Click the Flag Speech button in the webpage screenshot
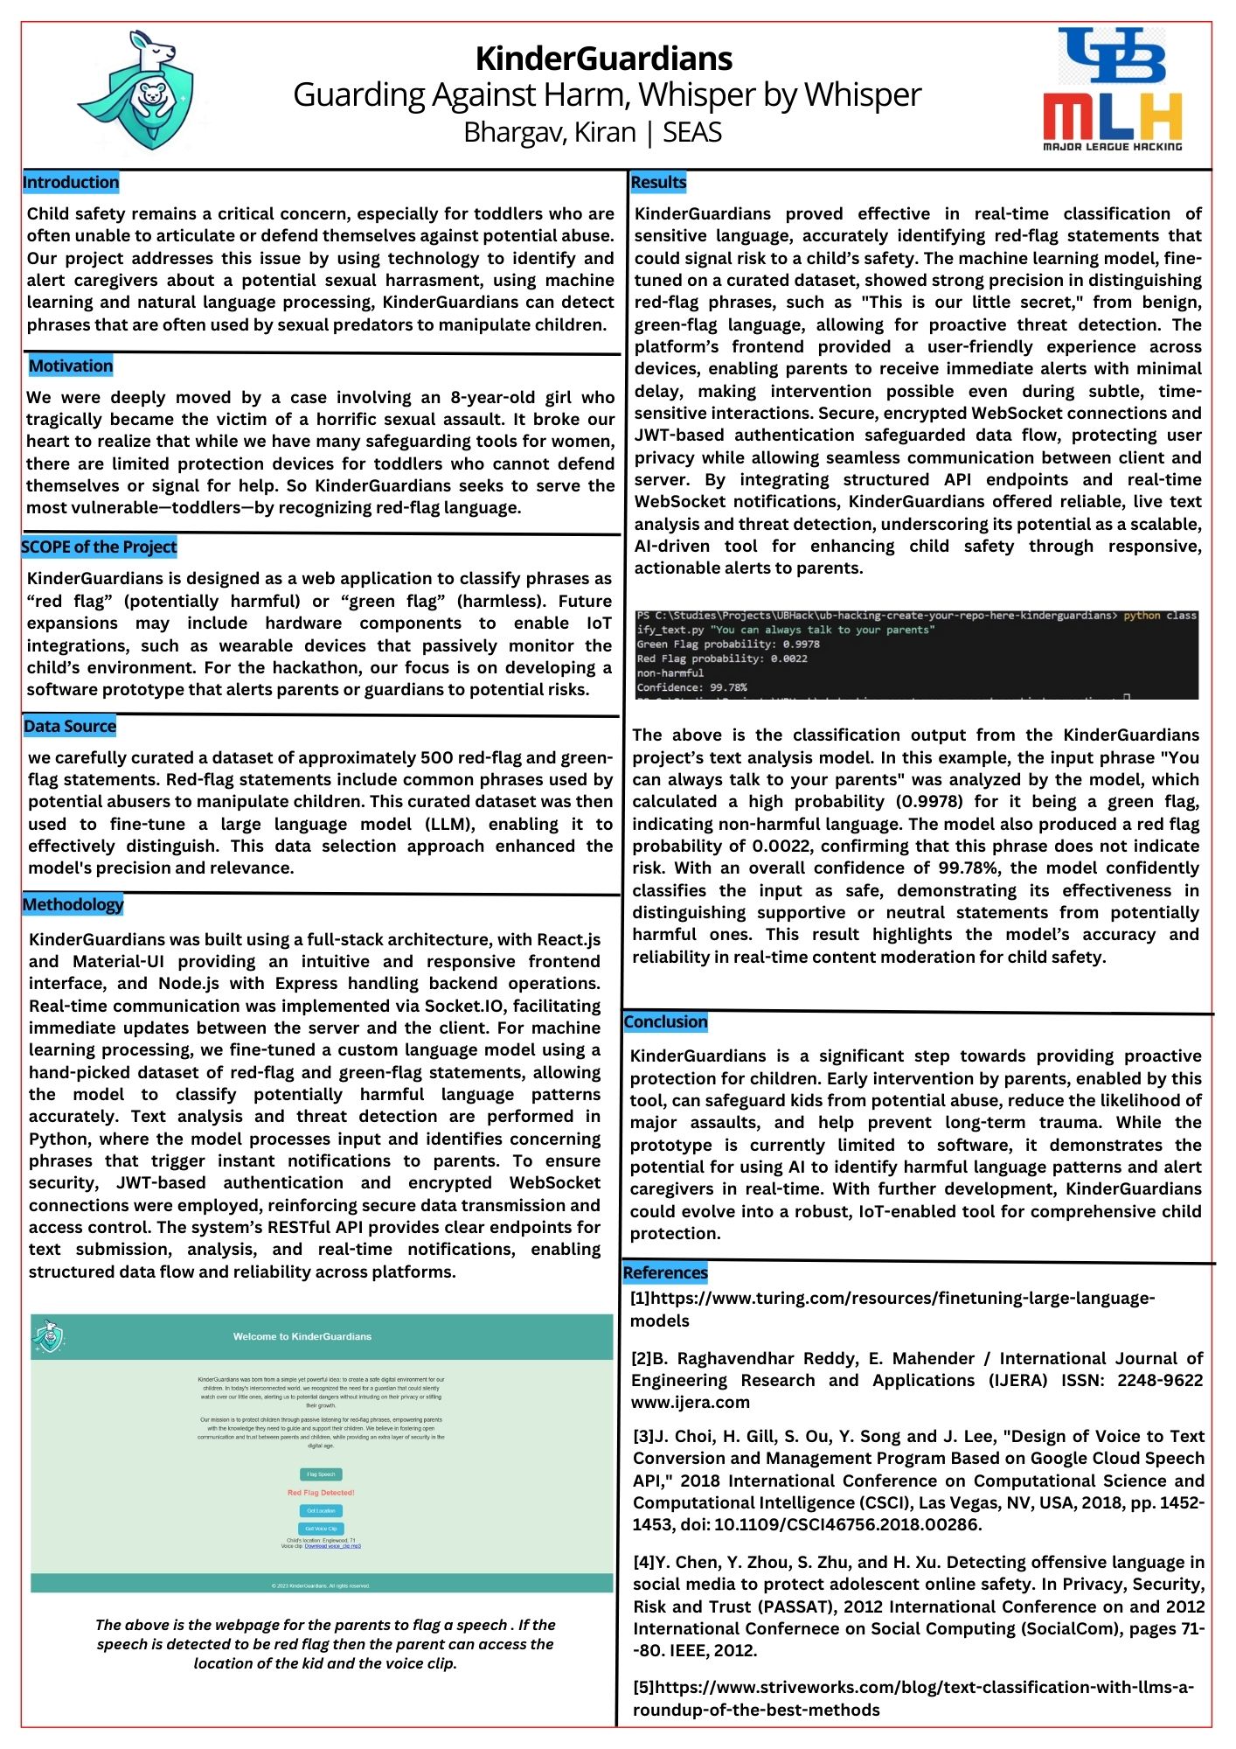pos(321,1474)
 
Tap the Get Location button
pos(321,1511)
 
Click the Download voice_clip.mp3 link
pos(332,1546)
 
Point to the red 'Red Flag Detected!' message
pos(321,1493)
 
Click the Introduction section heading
pos(71,182)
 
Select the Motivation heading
pos(71,366)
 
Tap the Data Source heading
pos(70,726)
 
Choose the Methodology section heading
pos(73,904)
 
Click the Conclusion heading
pos(665,1021)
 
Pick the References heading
pos(665,1272)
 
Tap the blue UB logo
pos(1112,56)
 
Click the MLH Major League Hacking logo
pos(1112,122)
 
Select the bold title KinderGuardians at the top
pos(604,59)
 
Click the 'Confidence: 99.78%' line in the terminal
pos(691,687)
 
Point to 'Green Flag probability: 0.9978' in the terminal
pos(727,645)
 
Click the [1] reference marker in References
pos(640,1299)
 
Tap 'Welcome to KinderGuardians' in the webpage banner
pos(302,1336)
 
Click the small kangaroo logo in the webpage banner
pos(49,1336)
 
